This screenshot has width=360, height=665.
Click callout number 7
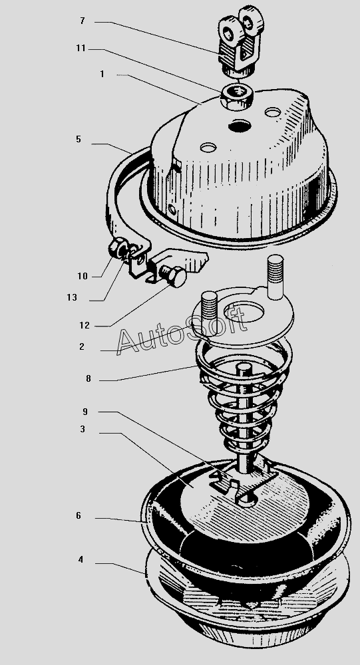(83, 21)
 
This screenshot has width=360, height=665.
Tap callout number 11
(81, 49)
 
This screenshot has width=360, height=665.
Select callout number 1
(102, 74)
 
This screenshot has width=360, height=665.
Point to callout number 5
(78, 139)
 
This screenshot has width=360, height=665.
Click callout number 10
(83, 276)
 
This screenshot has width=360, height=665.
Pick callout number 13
(72, 297)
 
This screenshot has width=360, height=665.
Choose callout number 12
(85, 325)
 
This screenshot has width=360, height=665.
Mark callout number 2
(81, 346)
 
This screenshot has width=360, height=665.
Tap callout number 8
(89, 379)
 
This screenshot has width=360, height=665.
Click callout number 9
(85, 412)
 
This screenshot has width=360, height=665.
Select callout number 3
(83, 429)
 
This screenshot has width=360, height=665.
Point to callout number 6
(78, 516)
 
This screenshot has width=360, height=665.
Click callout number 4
(81, 559)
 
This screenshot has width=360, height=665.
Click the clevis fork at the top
(240, 41)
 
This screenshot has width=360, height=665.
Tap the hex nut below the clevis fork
(237, 96)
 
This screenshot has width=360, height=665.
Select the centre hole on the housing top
(240, 126)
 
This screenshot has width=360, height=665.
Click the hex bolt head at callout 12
(174, 276)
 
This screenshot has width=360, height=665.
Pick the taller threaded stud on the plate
(275, 276)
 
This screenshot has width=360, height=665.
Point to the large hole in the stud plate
(244, 311)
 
